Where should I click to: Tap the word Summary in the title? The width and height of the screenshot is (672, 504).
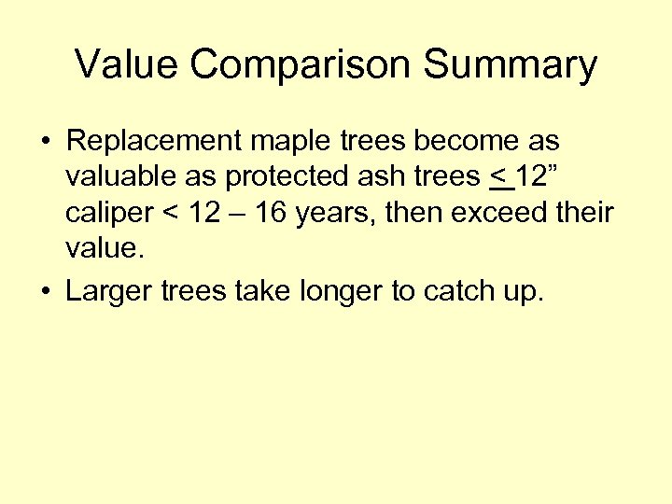(511, 65)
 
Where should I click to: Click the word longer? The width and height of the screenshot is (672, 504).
(339, 292)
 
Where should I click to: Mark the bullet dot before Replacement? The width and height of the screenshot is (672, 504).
(46, 143)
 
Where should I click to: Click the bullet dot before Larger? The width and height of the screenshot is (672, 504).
(46, 291)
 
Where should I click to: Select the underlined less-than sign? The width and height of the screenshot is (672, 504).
(500, 178)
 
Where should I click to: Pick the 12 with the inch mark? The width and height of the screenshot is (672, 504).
(536, 177)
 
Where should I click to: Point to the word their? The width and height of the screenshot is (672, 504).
(585, 214)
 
